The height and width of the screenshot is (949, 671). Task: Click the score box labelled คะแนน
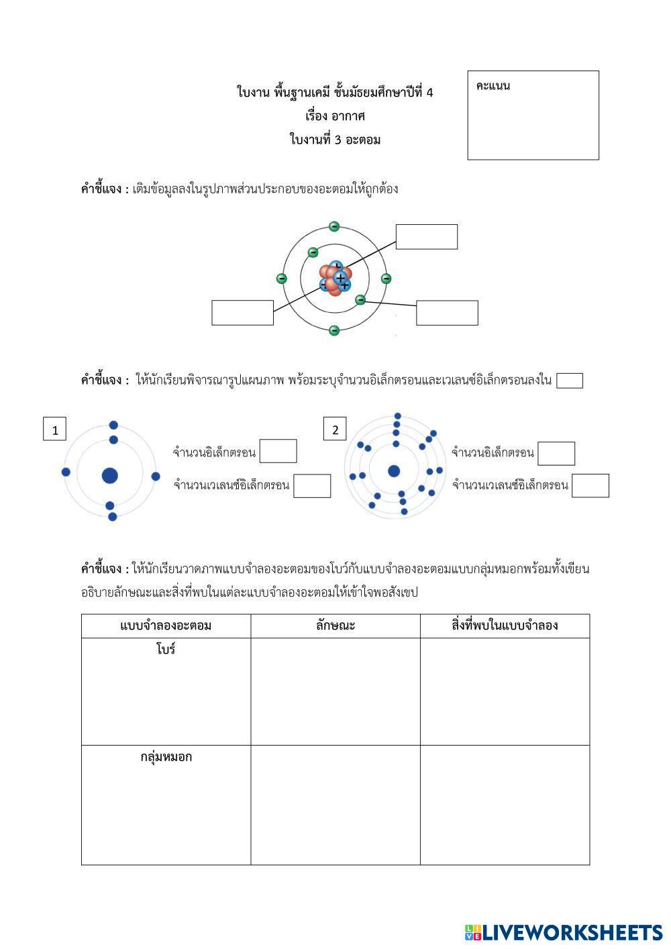pyautogui.click(x=533, y=115)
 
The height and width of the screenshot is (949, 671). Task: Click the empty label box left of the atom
pyautogui.click(x=242, y=313)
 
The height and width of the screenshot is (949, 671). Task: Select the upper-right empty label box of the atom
pyautogui.click(x=427, y=237)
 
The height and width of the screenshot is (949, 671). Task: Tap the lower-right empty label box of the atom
pyautogui.click(x=447, y=313)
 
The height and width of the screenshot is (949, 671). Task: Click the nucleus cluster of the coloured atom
pyautogui.click(x=335, y=279)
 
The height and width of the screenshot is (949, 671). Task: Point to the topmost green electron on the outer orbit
pyautogui.click(x=334, y=227)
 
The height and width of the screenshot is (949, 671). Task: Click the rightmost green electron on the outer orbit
pyautogui.click(x=386, y=279)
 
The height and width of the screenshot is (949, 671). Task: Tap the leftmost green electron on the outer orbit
pyautogui.click(x=282, y=279)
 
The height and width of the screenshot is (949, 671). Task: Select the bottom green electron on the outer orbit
pyautogui.click(x=334, y=330)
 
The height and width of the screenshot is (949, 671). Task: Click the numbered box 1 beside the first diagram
pyautogui.click(x=55, y=430)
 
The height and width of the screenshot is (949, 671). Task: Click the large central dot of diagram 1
pyautogui.click(x=110, y=476)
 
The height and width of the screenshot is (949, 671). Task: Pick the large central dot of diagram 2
pyautogui.click(x=394, y=471)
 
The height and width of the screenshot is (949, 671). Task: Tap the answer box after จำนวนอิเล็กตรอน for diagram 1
pyautogui.click(x=278, y=451)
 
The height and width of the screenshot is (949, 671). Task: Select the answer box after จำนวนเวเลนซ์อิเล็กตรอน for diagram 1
pyautogui.click(x=312, y=486)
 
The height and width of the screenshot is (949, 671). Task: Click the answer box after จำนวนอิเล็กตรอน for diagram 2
pyautogui.click(x=556, y=453)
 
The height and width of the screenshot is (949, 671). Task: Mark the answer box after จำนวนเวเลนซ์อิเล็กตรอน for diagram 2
pyautogui.click(x=590, y=485)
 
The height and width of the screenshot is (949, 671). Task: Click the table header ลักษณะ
pyautogui.click(x=335, y=626)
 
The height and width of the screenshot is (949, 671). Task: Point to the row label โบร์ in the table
pyautogui.click(x=166, y=650)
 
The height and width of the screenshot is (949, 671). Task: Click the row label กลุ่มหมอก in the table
pyautogui.click(x=166, y=757)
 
